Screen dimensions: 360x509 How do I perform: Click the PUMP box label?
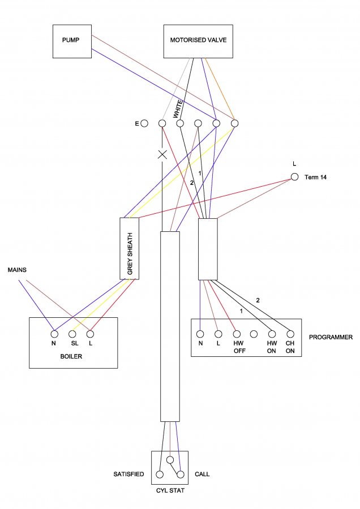pyautogui.click(x=71, y=40)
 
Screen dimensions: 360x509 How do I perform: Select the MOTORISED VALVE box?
pyautogui.click(x=198, y=41)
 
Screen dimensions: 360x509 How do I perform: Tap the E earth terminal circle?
pyautogui.click(x=144, y=123)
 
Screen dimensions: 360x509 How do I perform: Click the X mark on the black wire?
pyautogui.click(x=162, y=154)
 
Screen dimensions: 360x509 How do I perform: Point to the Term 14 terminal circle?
pyautogui.click(x=294, y=177)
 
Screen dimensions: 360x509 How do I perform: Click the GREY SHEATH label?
pyautogui.click(x=130, y=254)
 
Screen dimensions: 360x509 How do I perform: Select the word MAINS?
pyautogui.click(x=17, y=270)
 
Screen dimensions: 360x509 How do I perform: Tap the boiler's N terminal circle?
pyautogui.click(x=54, y=334)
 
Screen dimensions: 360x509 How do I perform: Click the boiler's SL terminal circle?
pyautogui.click(x=72, y=334)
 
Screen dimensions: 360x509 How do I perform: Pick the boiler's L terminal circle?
pyautogui.click(x=91, y=334)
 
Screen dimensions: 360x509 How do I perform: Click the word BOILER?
pyautogui.click(x=71, y=356)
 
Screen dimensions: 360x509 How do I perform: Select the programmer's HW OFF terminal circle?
pyautogui.click(x=237, y=334)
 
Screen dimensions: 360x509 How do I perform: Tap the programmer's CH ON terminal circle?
pyautogui.click(x=290, y=334)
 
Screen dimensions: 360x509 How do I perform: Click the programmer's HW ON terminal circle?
pyautogui.click(x=272, y=334)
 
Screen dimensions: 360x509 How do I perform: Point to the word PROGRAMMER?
pyautogui.click(x=331, y=337)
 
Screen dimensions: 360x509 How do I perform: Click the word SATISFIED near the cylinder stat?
pyautogui.click(x=128, y=475)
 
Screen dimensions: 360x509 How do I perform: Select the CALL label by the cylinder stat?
pyautogui.click(x=202, y=475)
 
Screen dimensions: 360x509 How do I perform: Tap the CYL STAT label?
pyautogui.click(x=170, y=490)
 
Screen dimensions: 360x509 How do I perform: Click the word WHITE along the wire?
pyautogui.click(x=177, y=109)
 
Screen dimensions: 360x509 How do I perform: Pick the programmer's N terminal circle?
pyautogui.click(x=200, y=334)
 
